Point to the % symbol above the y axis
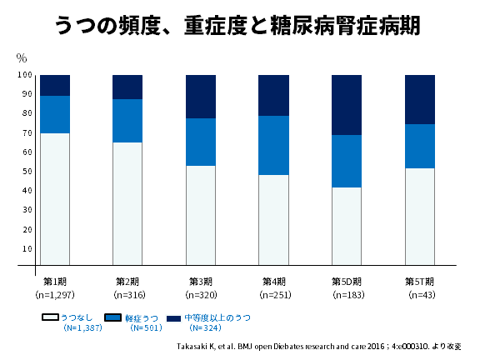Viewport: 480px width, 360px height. [22, 58]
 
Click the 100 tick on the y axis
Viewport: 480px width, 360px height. [24, 75]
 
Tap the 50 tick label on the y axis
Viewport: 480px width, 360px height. [26, 172]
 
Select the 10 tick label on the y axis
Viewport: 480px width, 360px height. [26, 248]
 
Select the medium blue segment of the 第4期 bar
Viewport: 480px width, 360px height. [273, 145]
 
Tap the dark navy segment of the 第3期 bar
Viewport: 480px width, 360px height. [201, 97]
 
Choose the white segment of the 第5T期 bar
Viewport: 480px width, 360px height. [420, 217]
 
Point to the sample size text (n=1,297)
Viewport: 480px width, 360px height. [55, 295]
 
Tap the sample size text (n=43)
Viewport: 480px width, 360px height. [421, 295]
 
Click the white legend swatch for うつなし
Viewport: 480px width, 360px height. [50, 318]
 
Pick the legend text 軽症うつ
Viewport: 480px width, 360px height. [142, 318]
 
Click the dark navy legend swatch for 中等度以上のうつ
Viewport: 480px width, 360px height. [173, 318]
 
